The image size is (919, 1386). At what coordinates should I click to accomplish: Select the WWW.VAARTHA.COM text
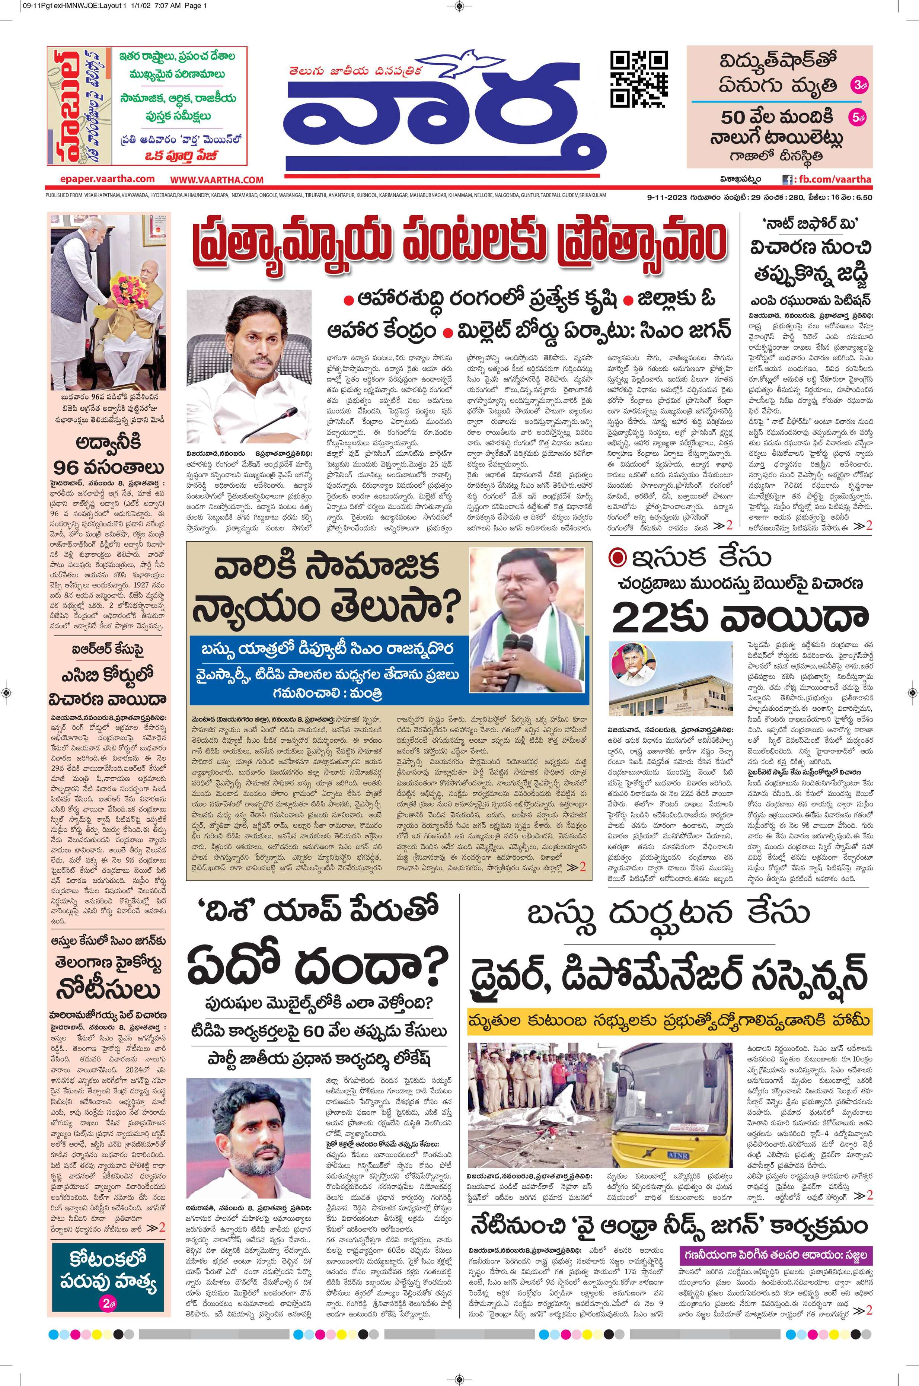pyautogui.click(x=217, y=180)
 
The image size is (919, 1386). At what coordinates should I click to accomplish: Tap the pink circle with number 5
pyautogui.click(x=858, y=118)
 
